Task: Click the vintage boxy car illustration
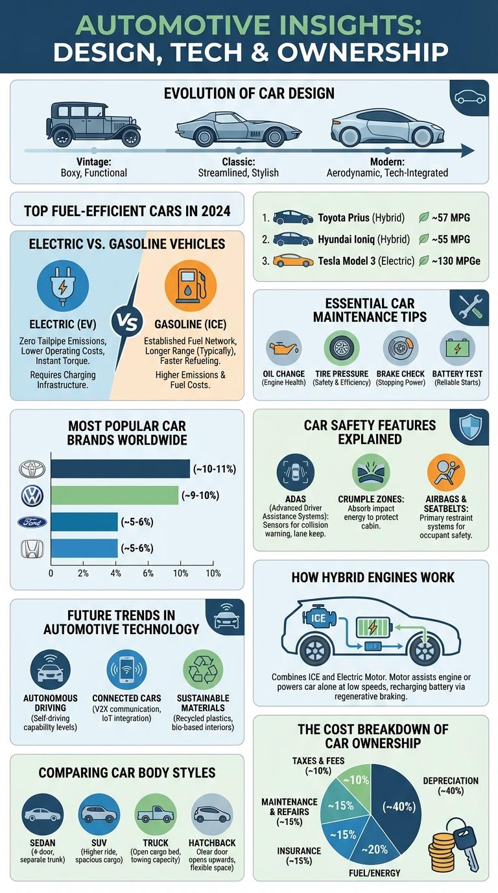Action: [x=93, y=123]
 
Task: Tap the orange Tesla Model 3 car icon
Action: [x=293, y=261]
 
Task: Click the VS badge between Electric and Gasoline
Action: [x=126, y=321]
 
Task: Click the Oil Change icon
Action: [x=284, y=349]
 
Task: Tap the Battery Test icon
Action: [x=456, y=349]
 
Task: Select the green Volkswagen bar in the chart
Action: [x=114, y=495]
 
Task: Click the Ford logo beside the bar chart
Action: [x=32, y=522]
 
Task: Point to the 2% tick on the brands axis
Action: [x=83, y=573]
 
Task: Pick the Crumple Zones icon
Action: [x=370, y=472]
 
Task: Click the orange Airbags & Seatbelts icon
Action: [x=445, y=472]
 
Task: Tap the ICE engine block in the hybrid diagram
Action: [x=319, y=617]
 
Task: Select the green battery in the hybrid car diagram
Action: [x=375, y=628]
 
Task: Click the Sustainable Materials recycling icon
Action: [x=203, y=668]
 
